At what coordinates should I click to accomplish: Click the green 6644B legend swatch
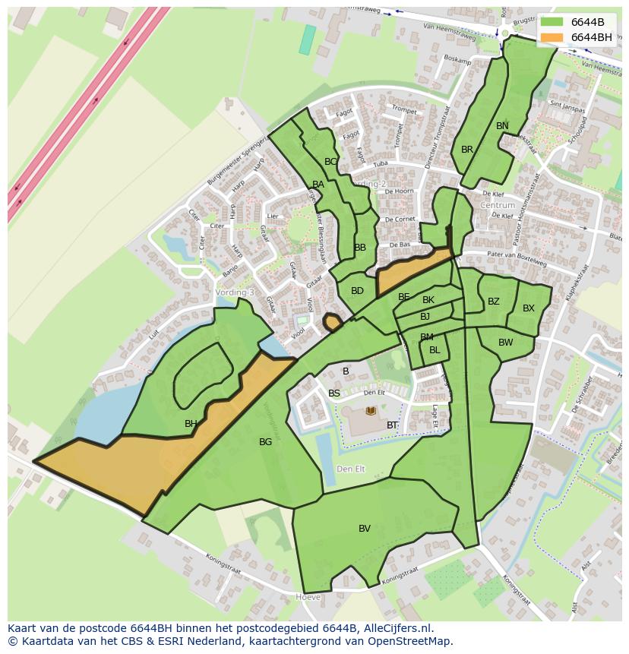[552, 22]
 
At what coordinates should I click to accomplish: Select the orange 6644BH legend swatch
[552, 37]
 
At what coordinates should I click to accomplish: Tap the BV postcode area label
[365, 529]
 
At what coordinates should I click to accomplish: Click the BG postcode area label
[265, 442]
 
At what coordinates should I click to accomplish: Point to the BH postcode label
[191, 424]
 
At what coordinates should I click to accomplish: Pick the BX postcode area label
[529, 308]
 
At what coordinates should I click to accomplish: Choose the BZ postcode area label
[494, 302]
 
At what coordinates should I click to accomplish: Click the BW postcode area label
[506, 343]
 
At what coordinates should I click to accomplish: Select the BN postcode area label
[502, 126]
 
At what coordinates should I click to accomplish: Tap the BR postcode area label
[467, 150]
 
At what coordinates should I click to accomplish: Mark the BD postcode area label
[357, 291]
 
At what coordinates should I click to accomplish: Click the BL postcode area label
[435, 350]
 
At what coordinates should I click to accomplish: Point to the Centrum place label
[498, 205]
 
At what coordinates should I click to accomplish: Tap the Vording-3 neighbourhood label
[235, 292]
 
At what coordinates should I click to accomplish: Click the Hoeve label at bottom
[308, 598]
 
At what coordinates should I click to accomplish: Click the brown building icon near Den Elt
[371, 411]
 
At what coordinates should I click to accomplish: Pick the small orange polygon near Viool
[332, 323]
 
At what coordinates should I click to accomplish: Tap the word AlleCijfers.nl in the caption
[398, 628]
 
